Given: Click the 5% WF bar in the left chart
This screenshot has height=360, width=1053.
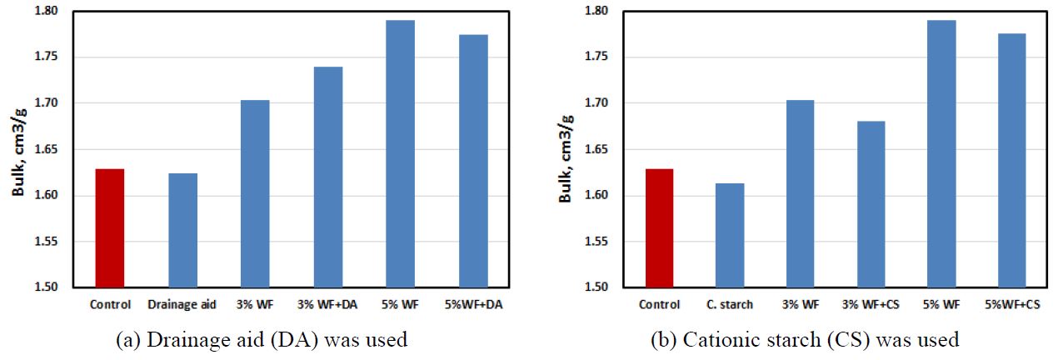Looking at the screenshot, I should [x=401, y=153].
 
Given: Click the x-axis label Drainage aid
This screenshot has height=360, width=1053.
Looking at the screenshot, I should [x=182, y=305].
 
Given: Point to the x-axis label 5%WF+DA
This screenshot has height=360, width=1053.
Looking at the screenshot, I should [x=473, y=305].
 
